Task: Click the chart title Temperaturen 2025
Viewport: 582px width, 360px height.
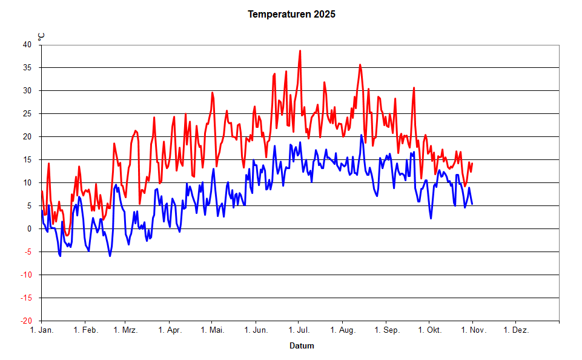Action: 291,14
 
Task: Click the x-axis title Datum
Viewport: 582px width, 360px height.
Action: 302,346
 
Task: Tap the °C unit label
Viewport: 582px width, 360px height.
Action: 41,36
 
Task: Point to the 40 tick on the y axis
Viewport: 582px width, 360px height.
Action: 27,44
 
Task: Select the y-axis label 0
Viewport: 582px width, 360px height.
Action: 30,228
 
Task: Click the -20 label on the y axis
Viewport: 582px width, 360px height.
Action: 26,321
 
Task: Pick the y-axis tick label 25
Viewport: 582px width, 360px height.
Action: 27,113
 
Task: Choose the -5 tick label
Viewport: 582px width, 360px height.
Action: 28,252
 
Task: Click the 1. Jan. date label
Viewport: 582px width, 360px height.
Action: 41,330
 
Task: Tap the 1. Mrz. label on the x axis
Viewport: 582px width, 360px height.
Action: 125,330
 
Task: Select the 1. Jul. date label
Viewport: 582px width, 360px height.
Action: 299,330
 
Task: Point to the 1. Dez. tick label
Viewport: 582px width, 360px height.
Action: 517,330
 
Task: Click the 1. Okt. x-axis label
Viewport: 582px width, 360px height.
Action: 429,330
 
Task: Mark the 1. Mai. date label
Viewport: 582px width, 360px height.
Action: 212,330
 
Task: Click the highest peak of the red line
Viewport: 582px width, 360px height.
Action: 300,51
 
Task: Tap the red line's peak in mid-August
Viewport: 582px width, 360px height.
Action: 360,64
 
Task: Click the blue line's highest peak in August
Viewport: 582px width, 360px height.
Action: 361,135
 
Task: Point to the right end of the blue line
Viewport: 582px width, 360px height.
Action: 472,204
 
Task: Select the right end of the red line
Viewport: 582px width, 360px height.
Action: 472,163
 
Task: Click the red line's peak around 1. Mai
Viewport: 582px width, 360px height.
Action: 213,92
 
